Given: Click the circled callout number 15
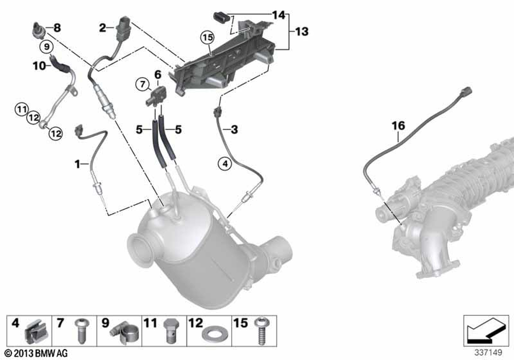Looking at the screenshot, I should point(207,38).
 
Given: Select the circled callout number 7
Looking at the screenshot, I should point(141,83).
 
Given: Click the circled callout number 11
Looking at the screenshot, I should point(21,109).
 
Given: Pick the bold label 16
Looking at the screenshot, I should point(398,125).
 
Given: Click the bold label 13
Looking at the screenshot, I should point(302,32).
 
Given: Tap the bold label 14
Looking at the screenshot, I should point(278,15).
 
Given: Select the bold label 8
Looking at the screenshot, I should point(57,28).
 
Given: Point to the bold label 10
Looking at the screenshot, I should point(39,65).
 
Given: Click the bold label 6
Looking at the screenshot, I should point(157,74).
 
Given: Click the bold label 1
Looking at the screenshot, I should point(77,164).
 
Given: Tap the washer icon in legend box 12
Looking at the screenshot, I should point(211,335).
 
